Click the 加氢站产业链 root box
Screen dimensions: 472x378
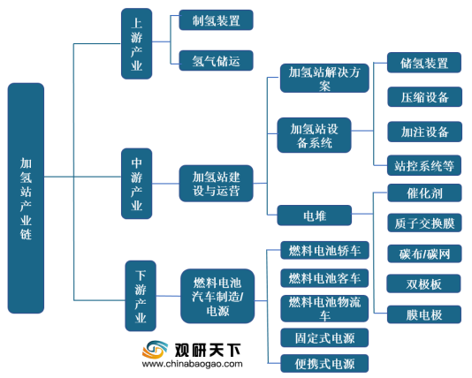point(26,198)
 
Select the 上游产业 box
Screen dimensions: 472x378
point(136,43)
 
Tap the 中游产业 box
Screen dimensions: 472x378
point(136,184)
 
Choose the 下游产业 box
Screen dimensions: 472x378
point(141,296)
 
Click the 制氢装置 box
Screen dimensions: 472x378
point(217,19)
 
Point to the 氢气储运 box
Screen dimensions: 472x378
point(217,60)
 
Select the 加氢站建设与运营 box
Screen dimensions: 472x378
point(217,184)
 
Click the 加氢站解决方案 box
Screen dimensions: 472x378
point(324,79)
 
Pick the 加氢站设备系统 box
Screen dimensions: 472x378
point(315,135)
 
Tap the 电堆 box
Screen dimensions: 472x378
point(315,215)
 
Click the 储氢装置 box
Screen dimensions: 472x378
point(424,63)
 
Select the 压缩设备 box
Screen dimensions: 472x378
point(425,97)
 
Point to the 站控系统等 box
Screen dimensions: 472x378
point(424,165)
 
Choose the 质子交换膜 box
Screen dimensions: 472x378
point(424,223)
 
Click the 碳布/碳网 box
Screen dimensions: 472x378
point(424,253)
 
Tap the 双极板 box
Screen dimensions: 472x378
point(424,283)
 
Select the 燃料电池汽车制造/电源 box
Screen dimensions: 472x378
point(217,296)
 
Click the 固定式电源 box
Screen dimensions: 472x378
point(324,337)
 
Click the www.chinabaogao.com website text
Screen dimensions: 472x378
point(193,364)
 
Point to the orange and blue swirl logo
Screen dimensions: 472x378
point(155,350)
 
